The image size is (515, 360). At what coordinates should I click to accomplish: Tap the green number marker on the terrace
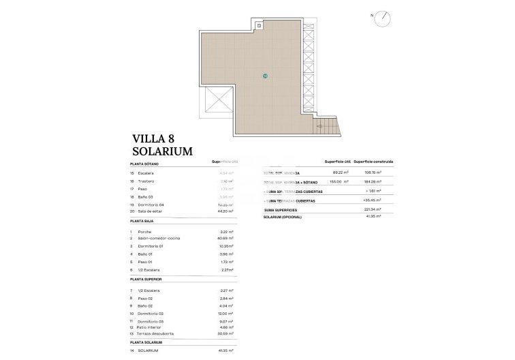pyautogui.click(x=265, y=76)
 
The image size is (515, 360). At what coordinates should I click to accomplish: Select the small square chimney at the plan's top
pyautogui.click(x=260, y=26)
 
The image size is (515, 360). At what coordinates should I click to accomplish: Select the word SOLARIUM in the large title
pyautogui.click(x=163, y=152)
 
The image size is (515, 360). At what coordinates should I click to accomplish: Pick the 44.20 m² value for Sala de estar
pyautogui.click(x=225, y=211)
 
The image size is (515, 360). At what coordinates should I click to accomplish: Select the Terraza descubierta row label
pyautogui.click(x=155, y=333)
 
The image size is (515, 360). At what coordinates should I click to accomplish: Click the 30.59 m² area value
pyautogui.click(x=225, y=333)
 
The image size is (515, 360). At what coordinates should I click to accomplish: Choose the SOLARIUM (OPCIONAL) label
pyautogui.click(x=287, y=216)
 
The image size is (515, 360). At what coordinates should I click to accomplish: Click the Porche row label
pyautogui.click(x=145, y=232)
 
